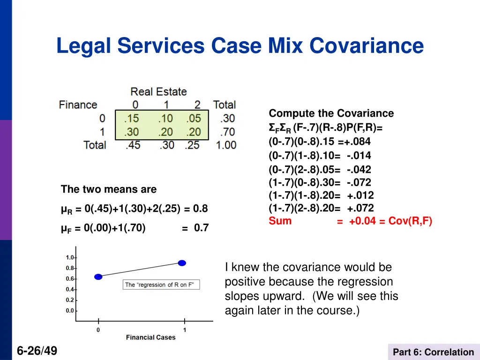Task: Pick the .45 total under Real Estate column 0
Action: (133, 145)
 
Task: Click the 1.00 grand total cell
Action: (226, 145)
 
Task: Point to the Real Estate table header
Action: (158, 91)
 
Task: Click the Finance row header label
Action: (78, 105)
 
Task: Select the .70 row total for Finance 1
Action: (227, 132)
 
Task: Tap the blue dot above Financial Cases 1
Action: (182, 263)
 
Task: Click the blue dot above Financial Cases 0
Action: (98, 277)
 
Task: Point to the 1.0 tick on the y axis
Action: (70, 257)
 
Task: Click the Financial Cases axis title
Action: (150, 337)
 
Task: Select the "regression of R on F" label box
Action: (162, 285)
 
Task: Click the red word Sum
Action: (280, 221)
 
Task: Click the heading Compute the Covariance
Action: (331, 113)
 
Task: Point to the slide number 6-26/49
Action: (37, 350)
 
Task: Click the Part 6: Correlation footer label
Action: (434, 352)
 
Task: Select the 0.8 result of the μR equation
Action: (201, 209)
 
